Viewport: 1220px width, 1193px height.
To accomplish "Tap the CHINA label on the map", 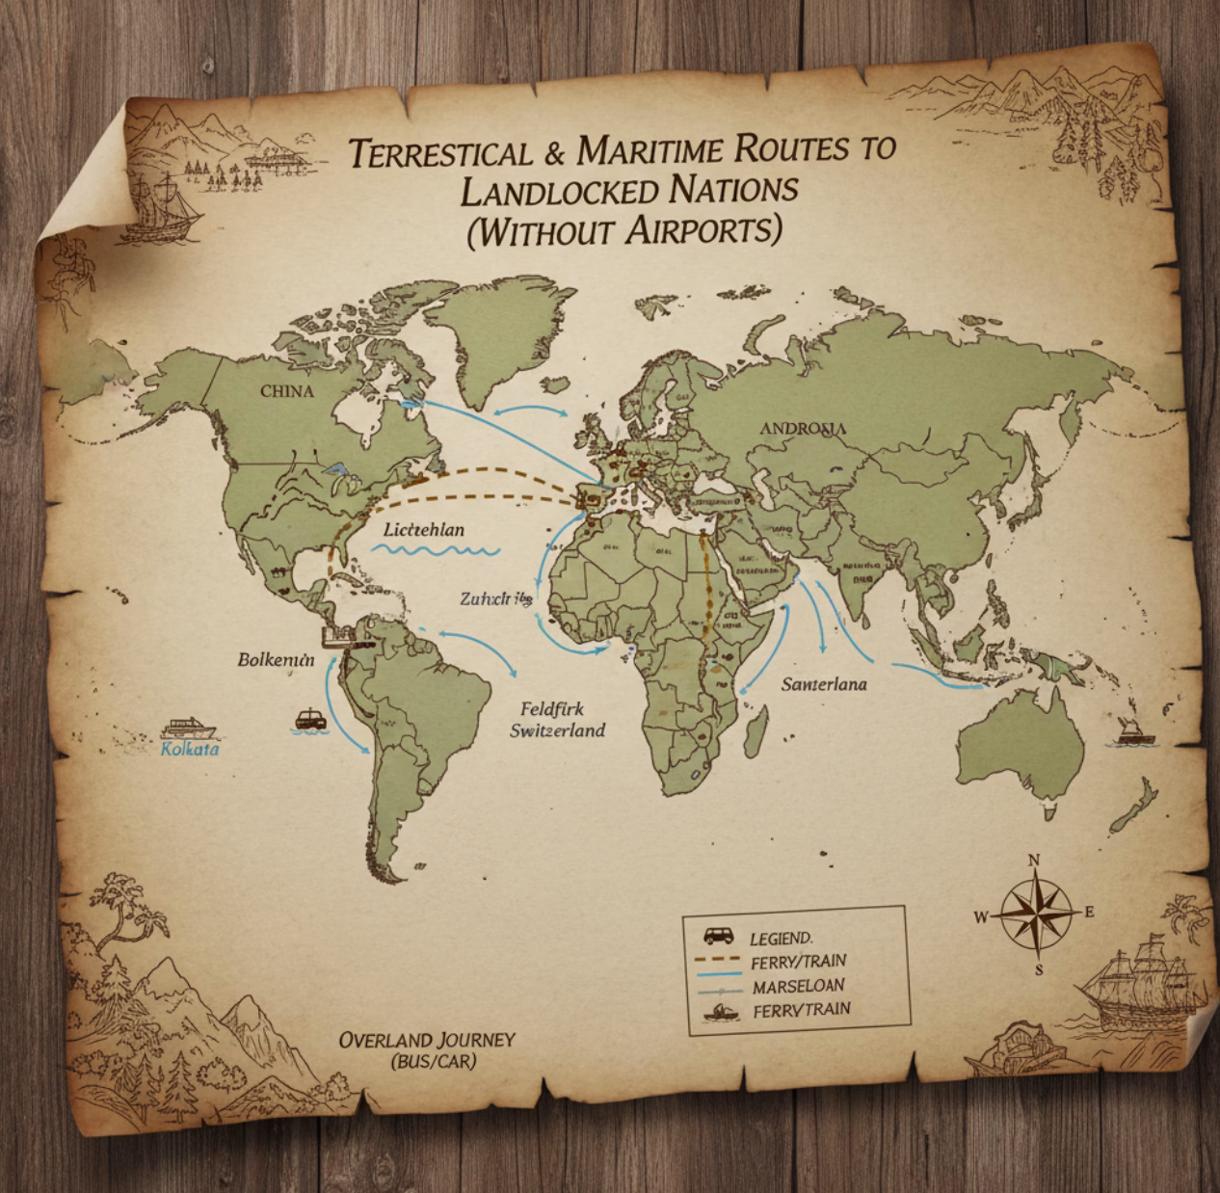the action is (287, 391).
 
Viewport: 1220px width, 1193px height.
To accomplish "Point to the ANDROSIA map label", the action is (803, 429).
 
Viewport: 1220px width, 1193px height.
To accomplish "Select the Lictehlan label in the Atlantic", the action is (423, 530).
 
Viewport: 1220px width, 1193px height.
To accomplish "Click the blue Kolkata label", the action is (190, 749).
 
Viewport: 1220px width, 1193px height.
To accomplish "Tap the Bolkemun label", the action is (276, 660).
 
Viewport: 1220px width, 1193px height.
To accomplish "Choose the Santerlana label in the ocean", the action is (823, 684).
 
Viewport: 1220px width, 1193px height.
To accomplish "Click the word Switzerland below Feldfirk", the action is (557, 729).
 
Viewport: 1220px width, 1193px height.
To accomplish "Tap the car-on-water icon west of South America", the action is (309, 720).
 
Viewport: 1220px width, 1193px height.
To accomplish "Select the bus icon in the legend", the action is (717, 935).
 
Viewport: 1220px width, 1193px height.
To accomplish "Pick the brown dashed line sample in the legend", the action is (718, 961).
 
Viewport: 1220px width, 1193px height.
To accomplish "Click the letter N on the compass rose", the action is (1034, 861).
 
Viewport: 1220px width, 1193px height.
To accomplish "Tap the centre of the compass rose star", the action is (1036, 913).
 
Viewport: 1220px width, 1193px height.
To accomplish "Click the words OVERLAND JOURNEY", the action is (427, 1041).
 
